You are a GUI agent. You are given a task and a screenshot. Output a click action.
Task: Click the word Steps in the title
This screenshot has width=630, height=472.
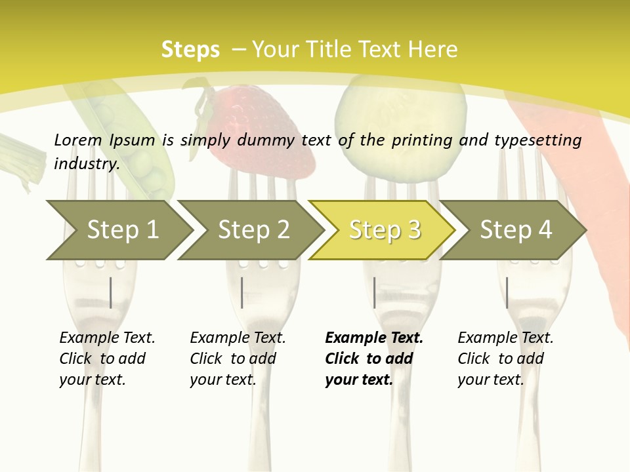tap(190, 50)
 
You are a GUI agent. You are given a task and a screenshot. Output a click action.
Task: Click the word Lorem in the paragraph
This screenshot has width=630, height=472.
tap(78, 140)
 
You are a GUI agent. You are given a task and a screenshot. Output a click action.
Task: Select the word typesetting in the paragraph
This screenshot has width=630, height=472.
tap(534, 140)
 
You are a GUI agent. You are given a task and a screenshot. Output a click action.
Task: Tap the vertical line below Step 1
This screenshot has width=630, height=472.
tap(110, 292)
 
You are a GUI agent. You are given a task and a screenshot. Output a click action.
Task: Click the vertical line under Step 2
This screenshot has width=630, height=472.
tap(242, 292)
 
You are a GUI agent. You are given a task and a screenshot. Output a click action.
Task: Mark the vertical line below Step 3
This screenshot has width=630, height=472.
tap(374, 292)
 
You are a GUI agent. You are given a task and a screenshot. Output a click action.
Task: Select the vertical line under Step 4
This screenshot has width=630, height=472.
tap(507, 292)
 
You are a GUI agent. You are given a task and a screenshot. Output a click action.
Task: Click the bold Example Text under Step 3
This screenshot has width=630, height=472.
tap(374, 338)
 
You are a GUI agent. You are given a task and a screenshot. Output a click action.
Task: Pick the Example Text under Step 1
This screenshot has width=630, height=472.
tap(107, 338)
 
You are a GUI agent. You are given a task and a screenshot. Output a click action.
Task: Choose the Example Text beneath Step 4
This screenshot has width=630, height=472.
tap(505, 338)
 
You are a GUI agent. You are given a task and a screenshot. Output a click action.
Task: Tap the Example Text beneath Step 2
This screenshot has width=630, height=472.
tap(238, 338)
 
